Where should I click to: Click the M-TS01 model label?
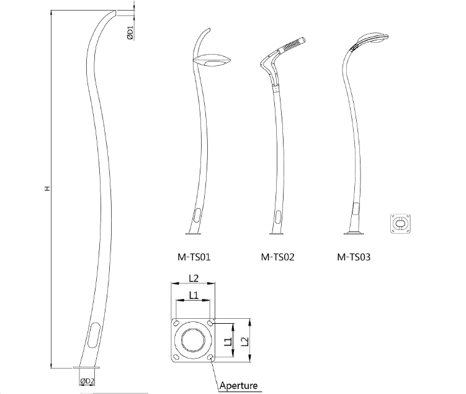[194, 257]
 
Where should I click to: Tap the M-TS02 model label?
[277, 257]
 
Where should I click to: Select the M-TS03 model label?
[354, 257]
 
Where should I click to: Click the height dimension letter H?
[47, 188]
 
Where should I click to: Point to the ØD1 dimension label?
[130, 33]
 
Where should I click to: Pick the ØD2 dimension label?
[87, 381]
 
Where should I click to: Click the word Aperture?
[238, 386]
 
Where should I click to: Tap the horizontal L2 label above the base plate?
[194, 278]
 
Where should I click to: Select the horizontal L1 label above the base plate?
[194, 295]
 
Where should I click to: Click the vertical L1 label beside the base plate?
[228, 341]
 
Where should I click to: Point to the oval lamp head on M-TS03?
[373, 38]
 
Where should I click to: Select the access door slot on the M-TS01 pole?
[197, 215]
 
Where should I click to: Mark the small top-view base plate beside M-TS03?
[400, 224]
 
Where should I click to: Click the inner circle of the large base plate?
[193, 341]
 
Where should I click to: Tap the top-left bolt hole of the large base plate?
[176, 324]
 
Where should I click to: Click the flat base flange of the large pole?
[86, 368]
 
